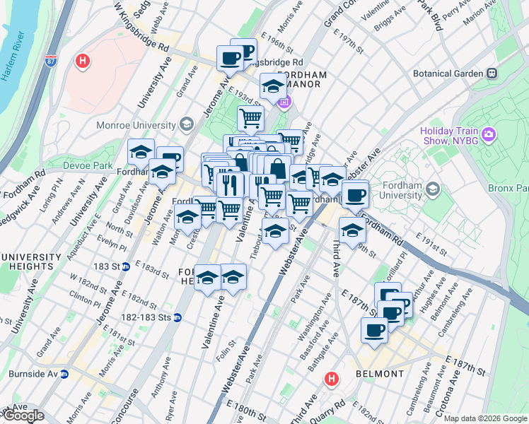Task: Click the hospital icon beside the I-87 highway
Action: point(83,61)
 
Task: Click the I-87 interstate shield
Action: point(50,61)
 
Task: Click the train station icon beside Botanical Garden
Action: point(491,73)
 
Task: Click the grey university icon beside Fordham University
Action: point(433,189)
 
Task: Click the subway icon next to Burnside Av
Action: point(64,374)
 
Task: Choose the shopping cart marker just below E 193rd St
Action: point(250,118)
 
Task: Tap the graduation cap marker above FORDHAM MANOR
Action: point(273,87)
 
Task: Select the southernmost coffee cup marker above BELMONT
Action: point(374,329)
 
